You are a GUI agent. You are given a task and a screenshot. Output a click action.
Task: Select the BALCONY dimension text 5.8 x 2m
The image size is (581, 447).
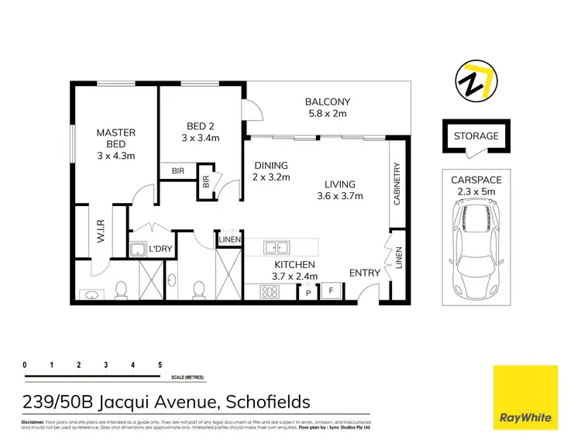(328, 114)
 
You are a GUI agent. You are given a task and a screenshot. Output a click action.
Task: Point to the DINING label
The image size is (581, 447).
(271, 165)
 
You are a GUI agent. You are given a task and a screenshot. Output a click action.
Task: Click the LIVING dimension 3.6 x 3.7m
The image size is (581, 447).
(340, 195)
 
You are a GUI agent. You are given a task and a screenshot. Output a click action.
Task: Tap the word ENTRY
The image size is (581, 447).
(364, 273)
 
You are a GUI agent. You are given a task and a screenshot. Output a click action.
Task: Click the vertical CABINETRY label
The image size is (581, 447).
(397, 184)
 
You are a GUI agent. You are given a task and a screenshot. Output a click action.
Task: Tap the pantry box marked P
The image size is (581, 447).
(308, 294)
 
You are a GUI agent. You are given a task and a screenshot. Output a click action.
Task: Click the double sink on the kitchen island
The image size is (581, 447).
(277, 248)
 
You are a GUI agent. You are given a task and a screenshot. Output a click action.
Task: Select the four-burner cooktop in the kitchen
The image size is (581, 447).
(271, 292)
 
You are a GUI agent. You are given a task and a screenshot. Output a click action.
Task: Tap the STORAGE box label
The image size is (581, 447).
(476, 136)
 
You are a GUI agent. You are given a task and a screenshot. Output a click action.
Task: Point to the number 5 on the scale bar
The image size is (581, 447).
(160, 364)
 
